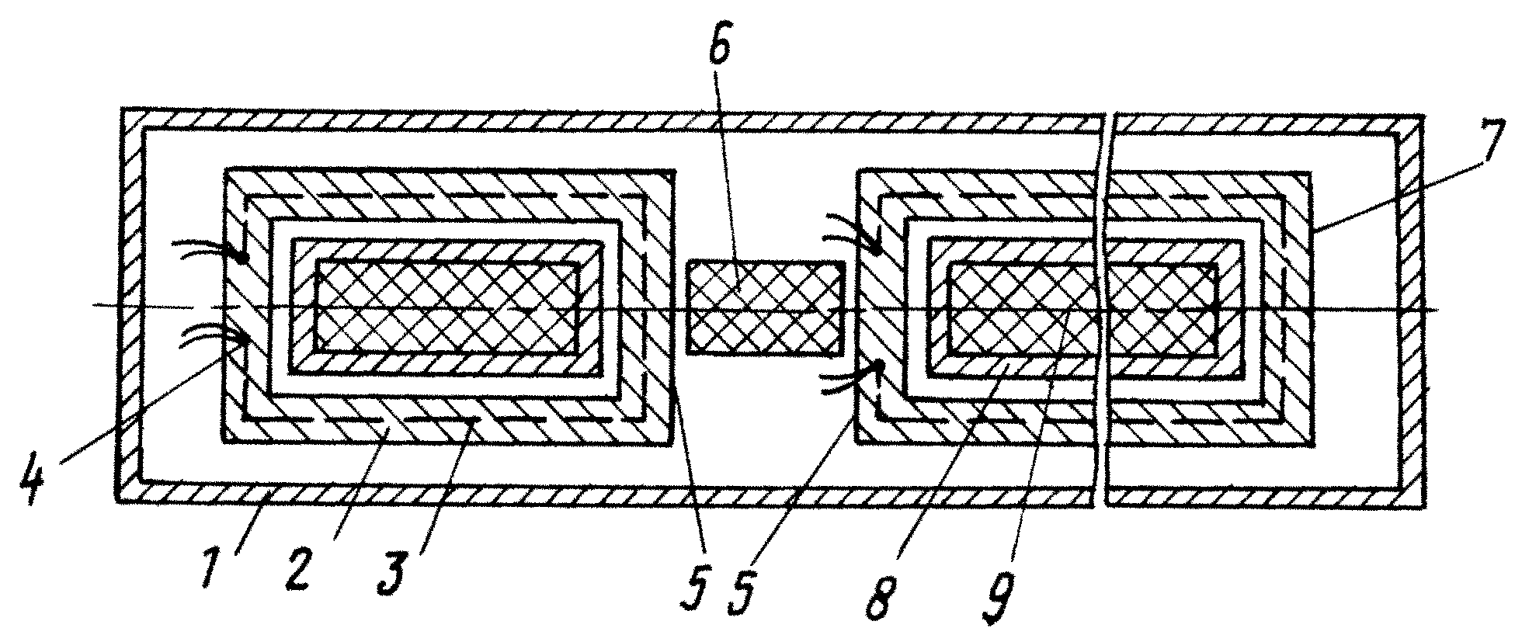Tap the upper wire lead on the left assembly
pos(206,248)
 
